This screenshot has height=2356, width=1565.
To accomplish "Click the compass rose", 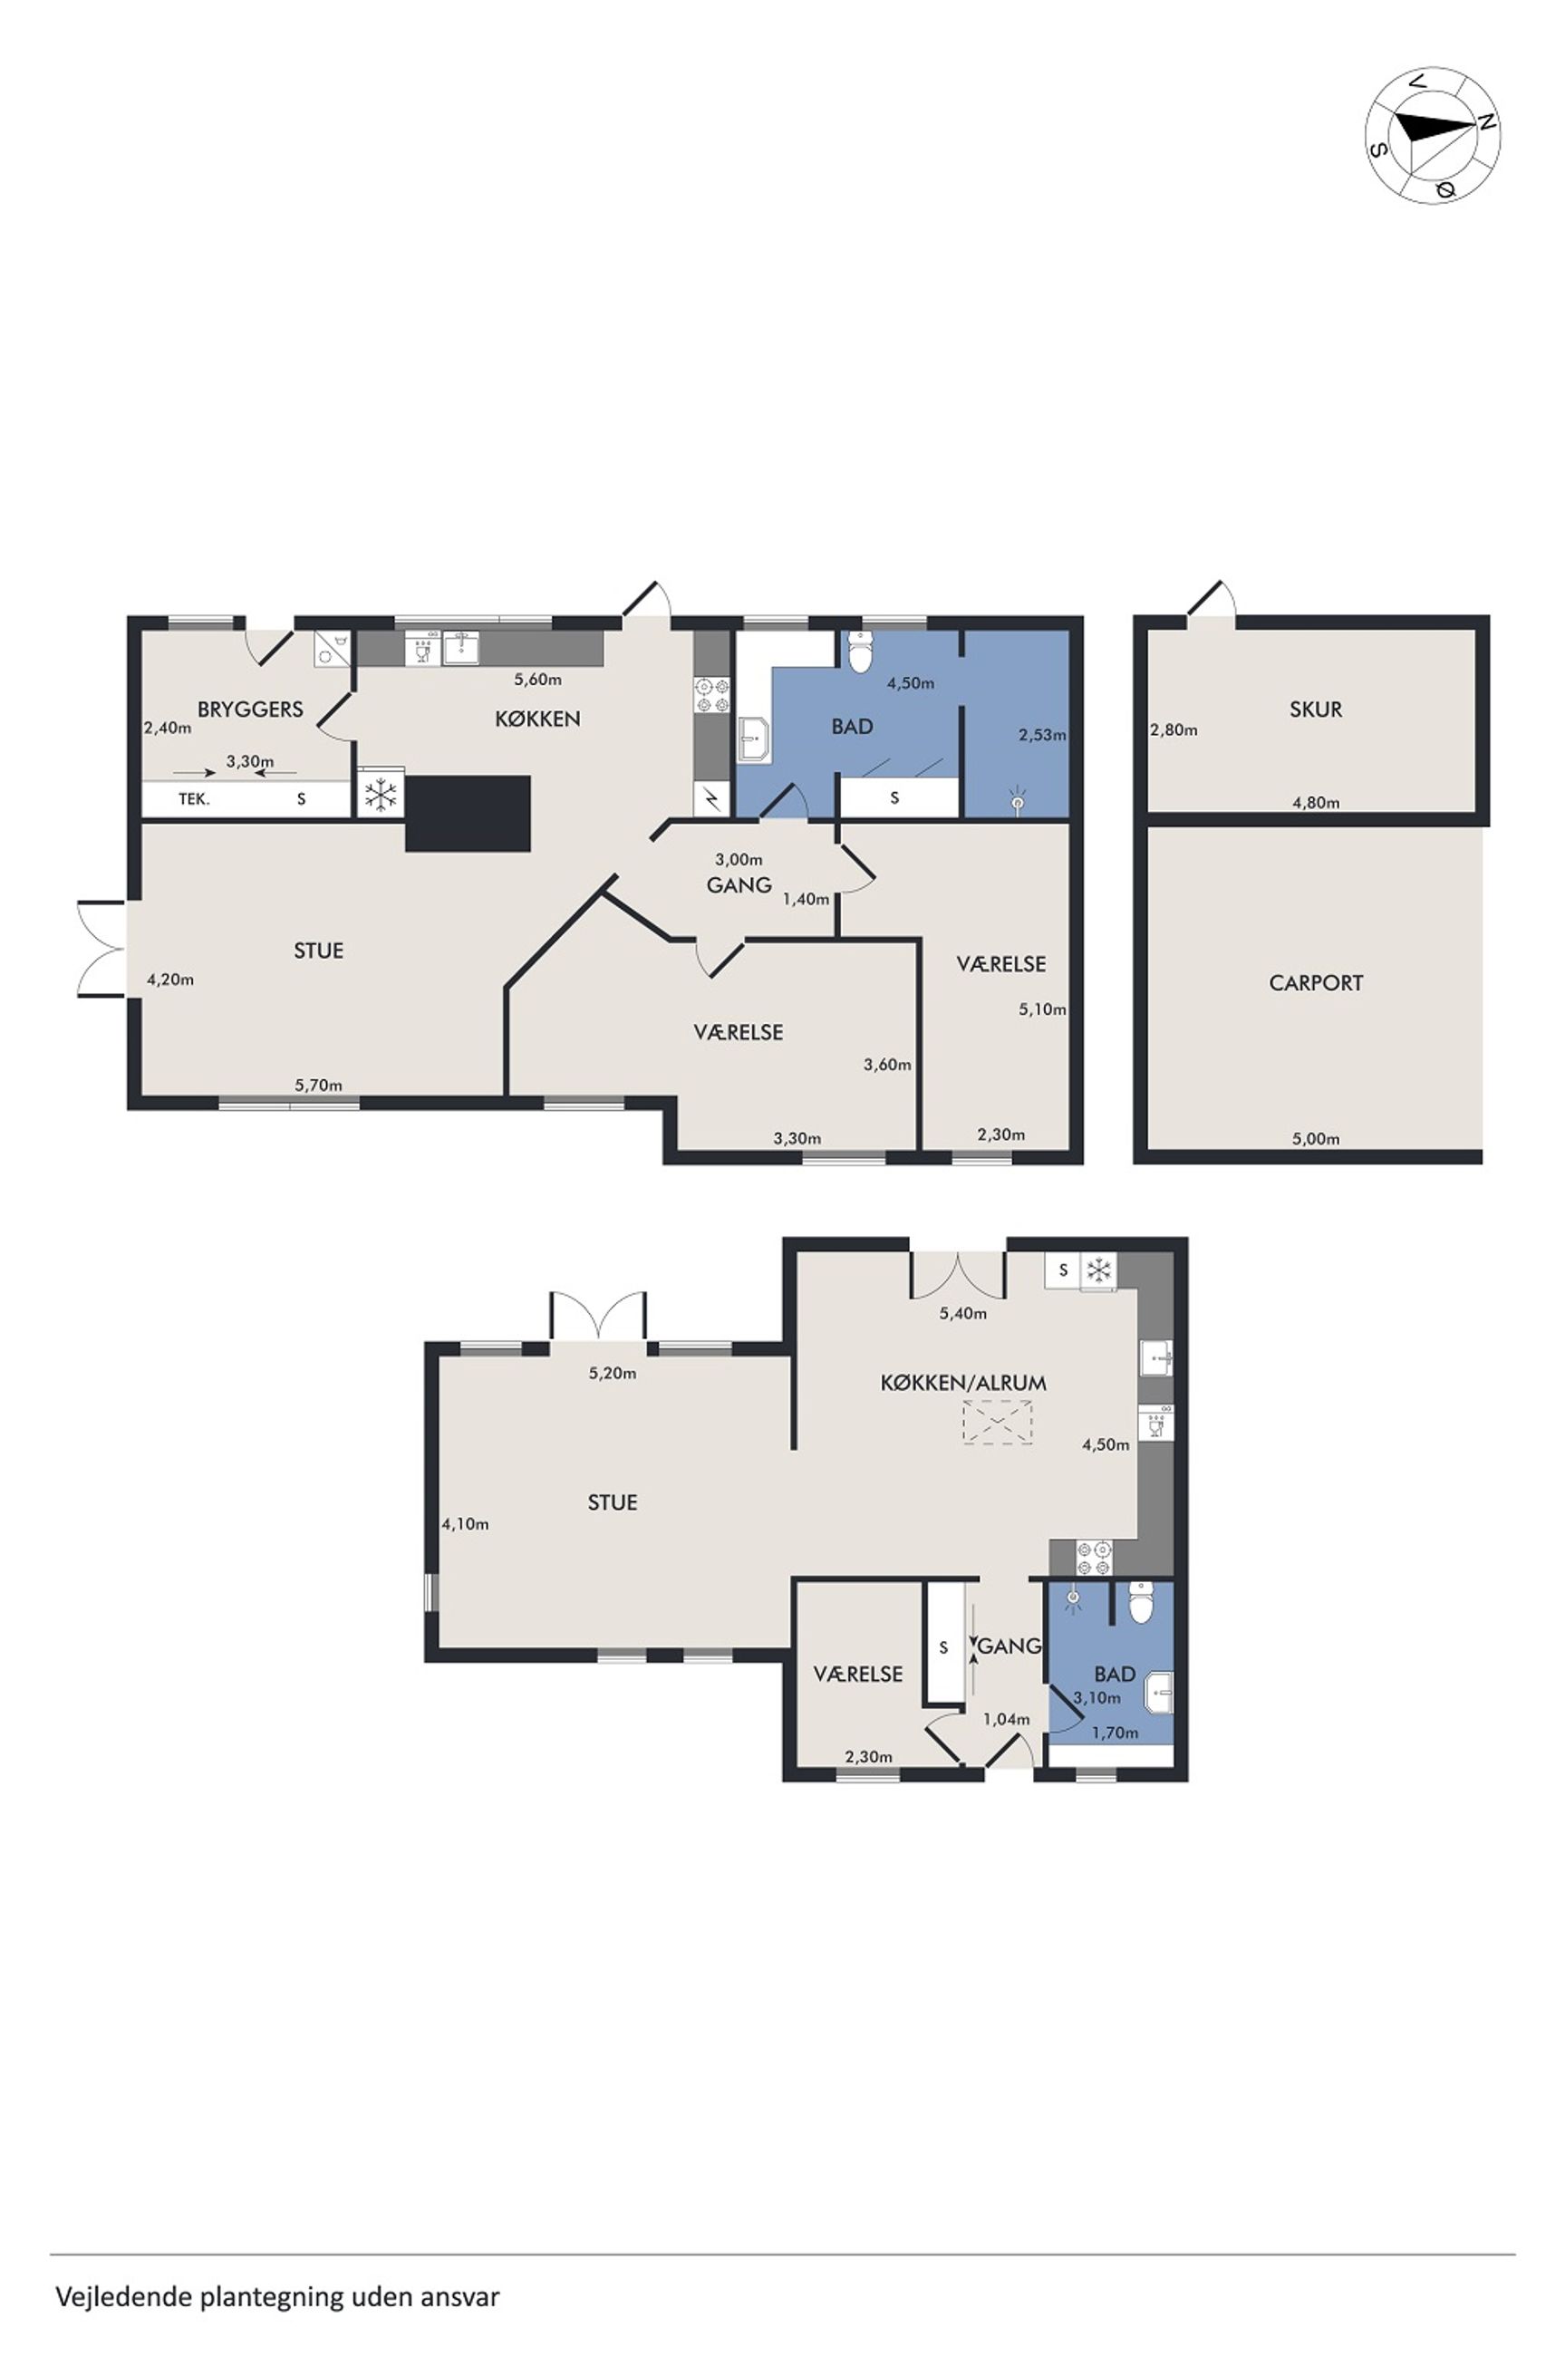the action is pos(1433,136).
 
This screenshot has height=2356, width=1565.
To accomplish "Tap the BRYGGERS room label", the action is pos(249,710).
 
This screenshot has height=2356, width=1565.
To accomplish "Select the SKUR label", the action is pos(1316,710).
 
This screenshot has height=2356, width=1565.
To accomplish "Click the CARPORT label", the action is pos(1316,983).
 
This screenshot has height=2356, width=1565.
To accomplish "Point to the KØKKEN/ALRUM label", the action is pos(963,1383).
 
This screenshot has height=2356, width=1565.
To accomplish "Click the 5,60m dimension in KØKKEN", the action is pos(538,681).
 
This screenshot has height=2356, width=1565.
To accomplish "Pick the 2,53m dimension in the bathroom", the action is pos(1042,736).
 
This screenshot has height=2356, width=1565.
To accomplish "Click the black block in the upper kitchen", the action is pos(467,815).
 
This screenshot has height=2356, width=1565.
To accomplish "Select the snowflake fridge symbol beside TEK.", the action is pos(381,795).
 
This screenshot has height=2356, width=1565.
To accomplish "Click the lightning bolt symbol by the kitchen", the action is pos(711,797).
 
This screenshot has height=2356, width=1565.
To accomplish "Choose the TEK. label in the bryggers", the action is pos(194,799).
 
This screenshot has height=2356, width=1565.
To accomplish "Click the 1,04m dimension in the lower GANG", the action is pos(1006,1719).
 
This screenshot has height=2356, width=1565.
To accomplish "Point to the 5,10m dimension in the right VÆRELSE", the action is pos(1042,1009).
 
